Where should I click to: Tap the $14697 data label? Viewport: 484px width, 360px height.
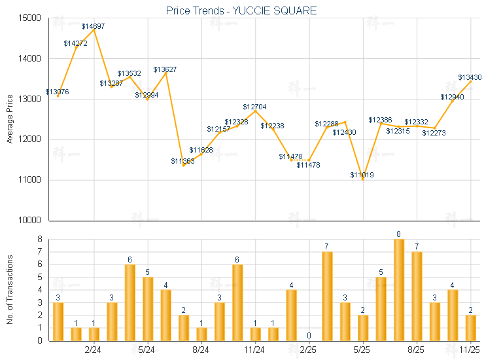coord(93,26)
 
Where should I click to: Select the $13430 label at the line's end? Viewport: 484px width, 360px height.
coord(470,77)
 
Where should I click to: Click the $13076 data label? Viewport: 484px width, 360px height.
coord(57,92)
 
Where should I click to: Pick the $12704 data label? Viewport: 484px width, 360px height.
coord(254,107)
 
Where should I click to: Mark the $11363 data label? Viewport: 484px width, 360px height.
coord(182,161)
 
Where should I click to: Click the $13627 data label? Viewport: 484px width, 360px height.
coord(165,69)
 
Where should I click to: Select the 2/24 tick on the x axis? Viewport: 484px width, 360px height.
coord(93,351)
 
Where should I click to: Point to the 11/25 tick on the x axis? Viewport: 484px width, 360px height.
coord(471,351)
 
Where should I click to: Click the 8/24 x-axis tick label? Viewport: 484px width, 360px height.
coord(201,351)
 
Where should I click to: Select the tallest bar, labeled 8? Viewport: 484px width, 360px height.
coord(398,289)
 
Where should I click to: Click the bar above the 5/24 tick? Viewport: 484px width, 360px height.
coord(148,308)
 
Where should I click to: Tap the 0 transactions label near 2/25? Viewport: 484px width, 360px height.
coord(309,336)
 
